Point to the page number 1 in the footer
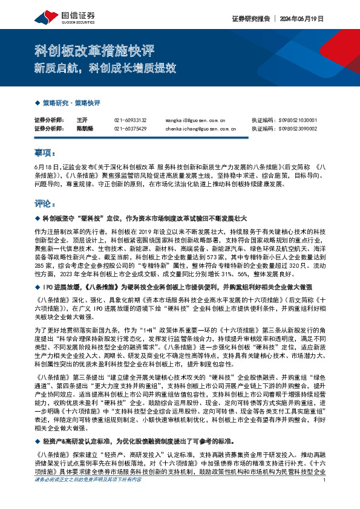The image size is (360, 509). point(325,497)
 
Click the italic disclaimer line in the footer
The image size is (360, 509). point(88,497)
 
